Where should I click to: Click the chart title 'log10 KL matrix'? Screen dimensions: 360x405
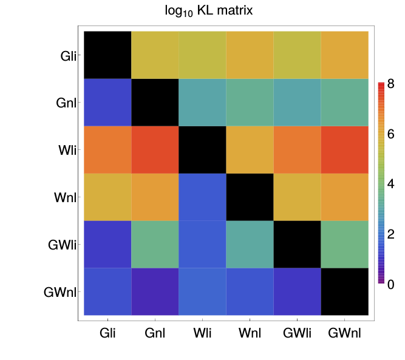[x=202, y=11]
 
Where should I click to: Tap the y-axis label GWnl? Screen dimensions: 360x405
[x=60, y=292]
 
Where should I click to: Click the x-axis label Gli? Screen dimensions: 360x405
[x=107, y=334]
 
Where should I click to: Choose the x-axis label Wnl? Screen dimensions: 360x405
[x=250, y=334]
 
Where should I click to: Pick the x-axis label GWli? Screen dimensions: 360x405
[x=298, y=334]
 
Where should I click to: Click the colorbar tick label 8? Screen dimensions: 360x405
[x=390, y=84]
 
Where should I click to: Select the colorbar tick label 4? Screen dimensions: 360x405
[x=390, y=184]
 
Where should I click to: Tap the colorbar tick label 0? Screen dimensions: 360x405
[x=390, y=284]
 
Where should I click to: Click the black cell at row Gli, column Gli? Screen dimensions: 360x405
[x=107, y=55]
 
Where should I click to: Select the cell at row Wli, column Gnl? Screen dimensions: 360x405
[x=155, y=149]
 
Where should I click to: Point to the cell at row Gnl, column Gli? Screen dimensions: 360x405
[x=107, y=102]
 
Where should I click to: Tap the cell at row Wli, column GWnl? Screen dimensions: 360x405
[x=345, y=149]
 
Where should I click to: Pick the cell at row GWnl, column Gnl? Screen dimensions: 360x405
[x=155, y=291]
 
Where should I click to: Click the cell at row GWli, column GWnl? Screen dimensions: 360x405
[x=345, y=244]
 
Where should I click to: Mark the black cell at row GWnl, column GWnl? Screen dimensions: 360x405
[x=345, y=291]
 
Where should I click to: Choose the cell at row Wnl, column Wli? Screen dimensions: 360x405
[x=202, y=197]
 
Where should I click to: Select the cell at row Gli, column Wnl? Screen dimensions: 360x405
[x=250, y=55]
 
